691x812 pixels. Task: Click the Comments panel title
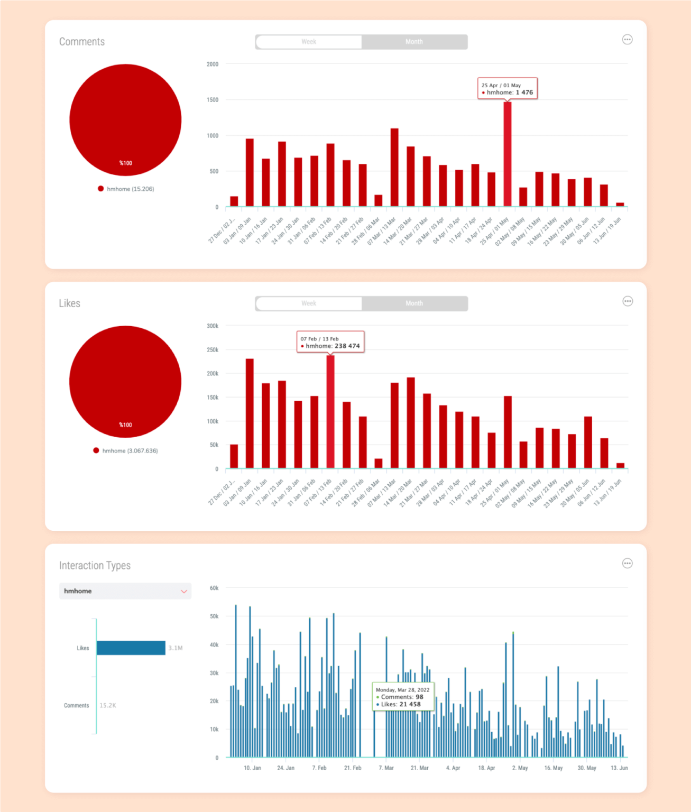click(x=82, y=42)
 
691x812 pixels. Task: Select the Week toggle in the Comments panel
click(x=309, y=42)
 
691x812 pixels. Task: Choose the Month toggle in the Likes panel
click(x=414, y=303)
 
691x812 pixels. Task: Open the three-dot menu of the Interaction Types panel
click(x=627, y=564)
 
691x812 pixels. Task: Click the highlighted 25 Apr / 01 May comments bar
click(x=508, y=154)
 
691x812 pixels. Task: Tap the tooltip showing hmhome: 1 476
click(x=508, y=89)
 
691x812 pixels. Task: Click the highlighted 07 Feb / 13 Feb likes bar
click(x=330, y=412)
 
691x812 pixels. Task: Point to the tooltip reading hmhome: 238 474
click(x=330, y=343)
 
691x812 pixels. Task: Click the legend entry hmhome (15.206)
click(x=126, y=189)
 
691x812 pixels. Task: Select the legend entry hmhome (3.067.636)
click(x=125, y=451)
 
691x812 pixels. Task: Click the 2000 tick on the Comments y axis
click(x=213, y=64)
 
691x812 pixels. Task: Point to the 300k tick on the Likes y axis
click(x=213, y=326)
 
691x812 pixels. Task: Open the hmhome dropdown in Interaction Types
click(x=125, y=591)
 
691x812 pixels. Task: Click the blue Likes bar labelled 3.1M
click(x=131, y=648)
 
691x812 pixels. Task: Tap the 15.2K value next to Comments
click(x=108, y=706)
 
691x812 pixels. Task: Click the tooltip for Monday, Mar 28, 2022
click(x=403, y=697)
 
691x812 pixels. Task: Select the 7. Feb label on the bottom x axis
click(x=319, y=768)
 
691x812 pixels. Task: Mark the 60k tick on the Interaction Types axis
click(x=214, y=588)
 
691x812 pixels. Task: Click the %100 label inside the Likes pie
click(x=125, y=425)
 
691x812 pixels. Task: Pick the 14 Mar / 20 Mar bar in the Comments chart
click(x=411, y=177)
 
